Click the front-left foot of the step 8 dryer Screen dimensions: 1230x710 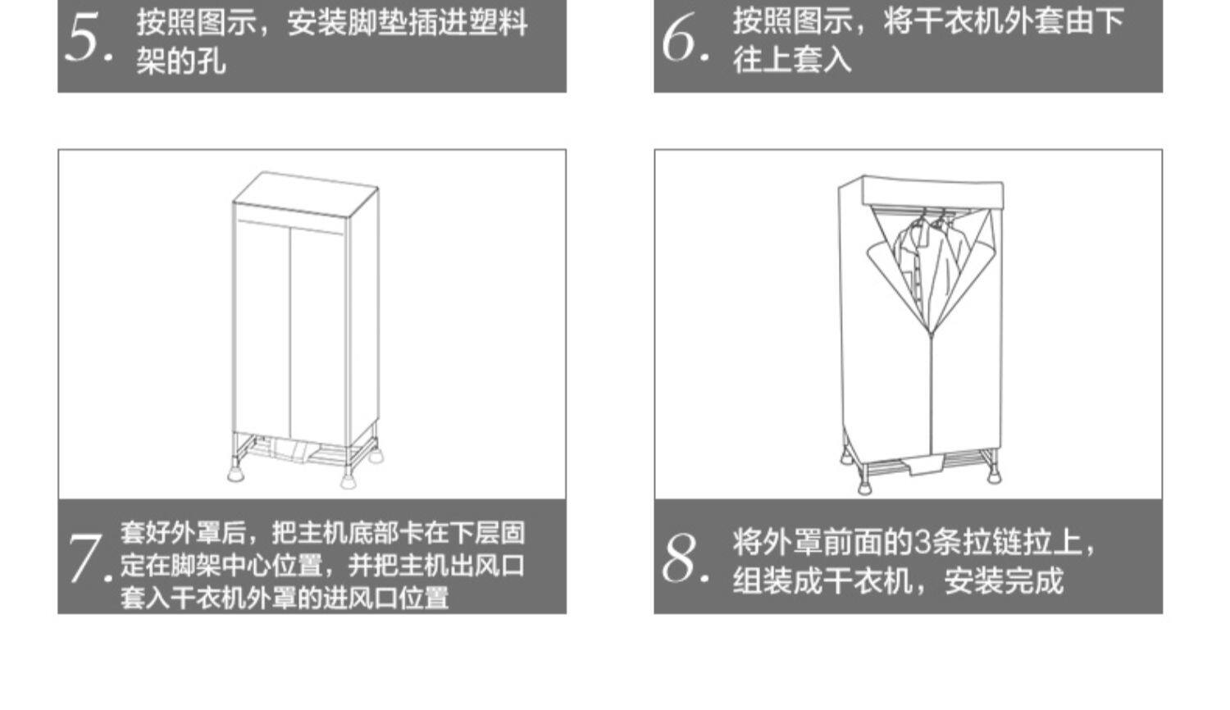click(x=864, y=485)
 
